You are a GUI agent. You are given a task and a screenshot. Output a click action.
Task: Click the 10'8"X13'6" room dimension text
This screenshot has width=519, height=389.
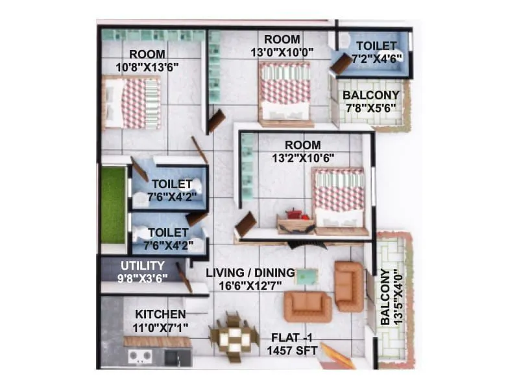[x=147, y=66]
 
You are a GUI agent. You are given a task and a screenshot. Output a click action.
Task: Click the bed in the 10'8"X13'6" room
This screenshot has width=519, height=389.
[x=131, y=102]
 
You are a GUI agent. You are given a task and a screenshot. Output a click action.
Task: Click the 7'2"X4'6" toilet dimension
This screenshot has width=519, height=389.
[x=376, y=58]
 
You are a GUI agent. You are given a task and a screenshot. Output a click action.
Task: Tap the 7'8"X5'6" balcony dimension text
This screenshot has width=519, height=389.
[x=372, y=108]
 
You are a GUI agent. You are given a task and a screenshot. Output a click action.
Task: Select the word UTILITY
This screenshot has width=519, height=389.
[x=143, y=265]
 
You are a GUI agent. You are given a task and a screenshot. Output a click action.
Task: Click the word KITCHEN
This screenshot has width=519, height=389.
[x=156, y=314]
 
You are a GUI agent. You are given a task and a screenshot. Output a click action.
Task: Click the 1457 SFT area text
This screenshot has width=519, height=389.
[x=292, y=351]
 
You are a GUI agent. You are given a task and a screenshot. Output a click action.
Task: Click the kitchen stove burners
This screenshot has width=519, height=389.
[x=140, y=355]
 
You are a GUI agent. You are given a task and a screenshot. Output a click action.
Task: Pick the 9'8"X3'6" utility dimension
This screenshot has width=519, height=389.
[x=142, y=277]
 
